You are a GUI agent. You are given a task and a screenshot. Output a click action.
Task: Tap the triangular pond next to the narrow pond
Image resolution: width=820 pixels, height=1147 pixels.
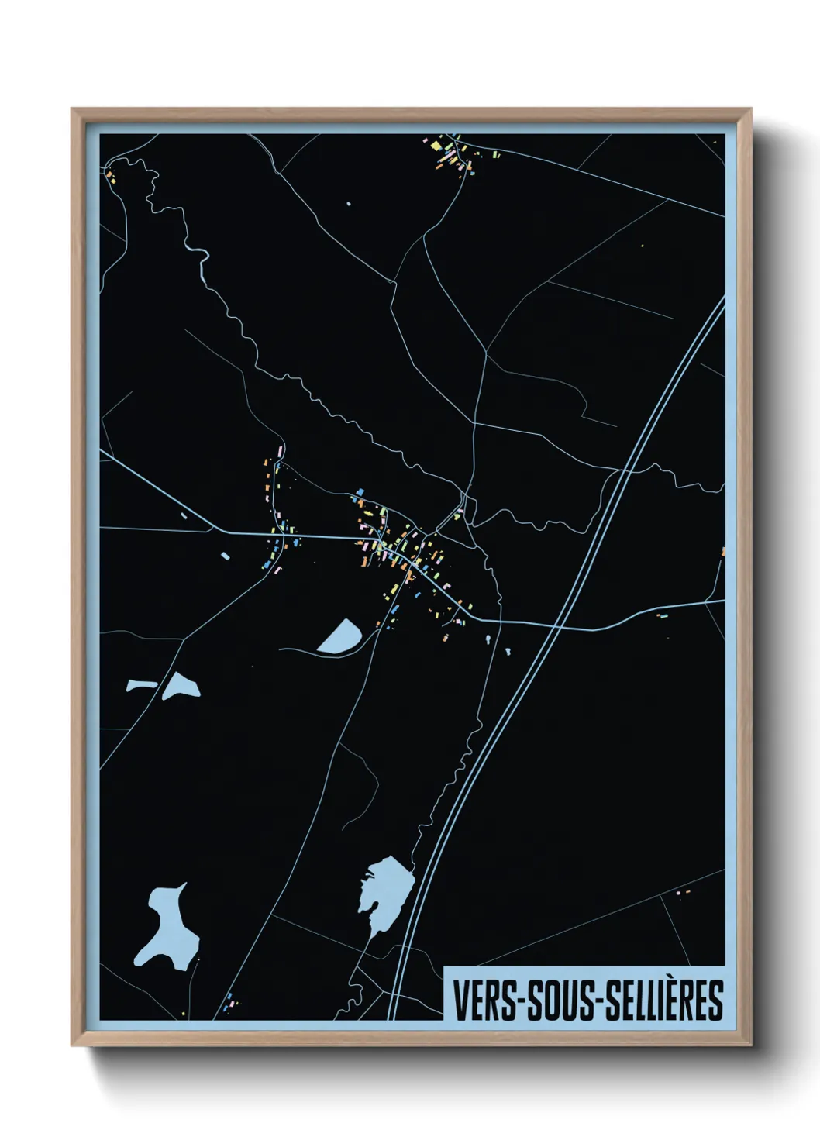181,686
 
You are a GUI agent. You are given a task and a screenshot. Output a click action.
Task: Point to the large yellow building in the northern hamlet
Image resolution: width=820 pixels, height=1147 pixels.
436,145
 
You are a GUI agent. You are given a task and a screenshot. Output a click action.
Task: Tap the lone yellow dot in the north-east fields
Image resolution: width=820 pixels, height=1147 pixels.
642,246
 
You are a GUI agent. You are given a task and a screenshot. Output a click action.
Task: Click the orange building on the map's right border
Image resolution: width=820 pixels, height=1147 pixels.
723,552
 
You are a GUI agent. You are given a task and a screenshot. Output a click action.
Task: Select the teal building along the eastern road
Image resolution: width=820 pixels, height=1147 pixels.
663,616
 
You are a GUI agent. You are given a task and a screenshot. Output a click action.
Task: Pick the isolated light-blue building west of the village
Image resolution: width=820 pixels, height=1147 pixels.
225,556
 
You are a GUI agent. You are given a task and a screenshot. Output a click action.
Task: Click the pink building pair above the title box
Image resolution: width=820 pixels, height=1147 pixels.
682,892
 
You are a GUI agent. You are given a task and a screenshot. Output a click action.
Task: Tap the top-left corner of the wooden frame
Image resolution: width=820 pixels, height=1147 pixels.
73,110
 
